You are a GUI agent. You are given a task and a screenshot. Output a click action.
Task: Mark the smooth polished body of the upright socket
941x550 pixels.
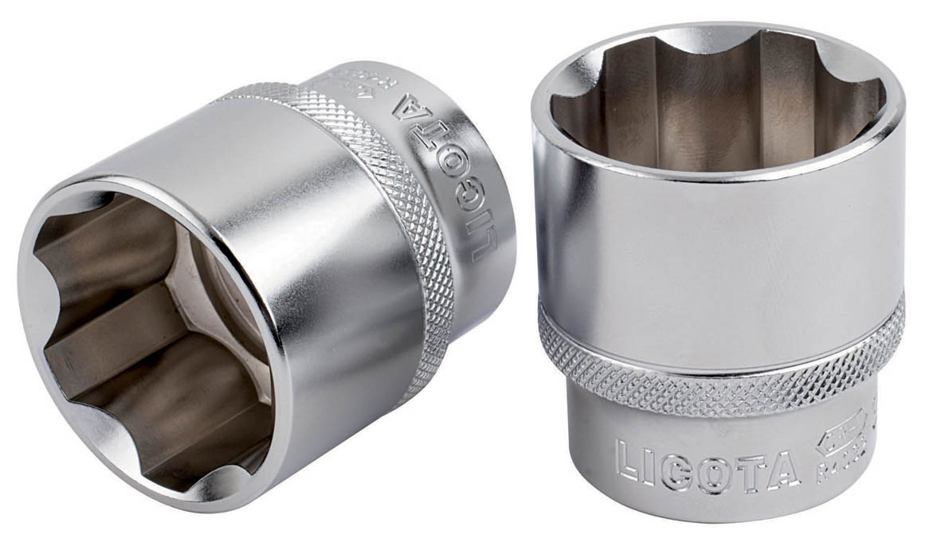(x=717, y=239)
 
